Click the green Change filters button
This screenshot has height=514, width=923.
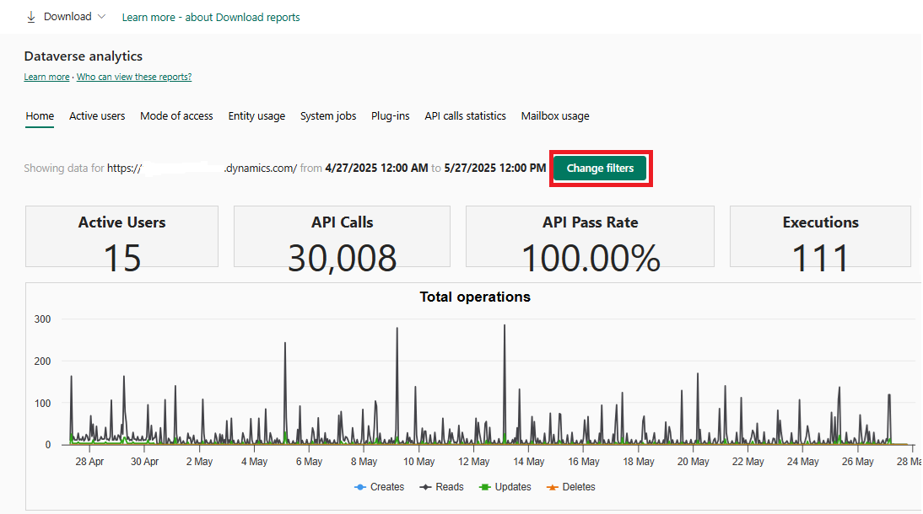600,169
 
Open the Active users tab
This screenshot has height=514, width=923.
97,116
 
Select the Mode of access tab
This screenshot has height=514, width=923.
176,116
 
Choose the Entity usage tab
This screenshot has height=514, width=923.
256,116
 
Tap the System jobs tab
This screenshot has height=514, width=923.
328,116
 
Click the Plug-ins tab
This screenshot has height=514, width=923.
390,116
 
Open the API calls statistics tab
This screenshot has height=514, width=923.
465,116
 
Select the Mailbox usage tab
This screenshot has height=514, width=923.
555,116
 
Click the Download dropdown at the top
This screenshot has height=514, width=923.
67,17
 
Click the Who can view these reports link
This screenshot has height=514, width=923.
134,78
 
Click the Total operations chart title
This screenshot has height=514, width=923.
475,297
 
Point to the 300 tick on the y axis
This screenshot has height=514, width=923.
43,319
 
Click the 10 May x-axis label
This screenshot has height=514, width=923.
419,462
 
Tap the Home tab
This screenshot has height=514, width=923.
40,116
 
